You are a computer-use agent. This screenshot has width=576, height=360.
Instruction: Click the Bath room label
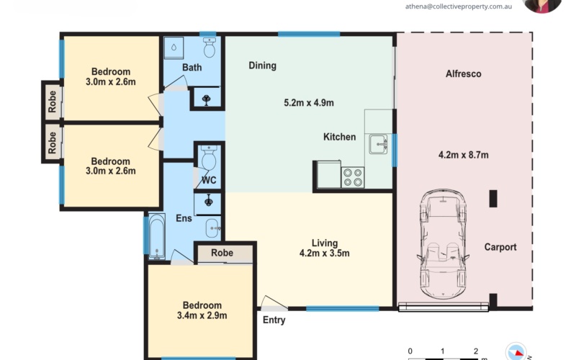click(192, 68)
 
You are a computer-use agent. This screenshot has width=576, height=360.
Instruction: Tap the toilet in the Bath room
click(210, 48)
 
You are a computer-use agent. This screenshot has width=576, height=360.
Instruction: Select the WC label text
click(209, 179)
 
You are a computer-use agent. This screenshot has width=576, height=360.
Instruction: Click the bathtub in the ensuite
click(157, 235)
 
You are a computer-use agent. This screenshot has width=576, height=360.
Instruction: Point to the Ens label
click(184, 218)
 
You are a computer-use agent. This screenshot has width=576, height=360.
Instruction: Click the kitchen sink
click(379, 145)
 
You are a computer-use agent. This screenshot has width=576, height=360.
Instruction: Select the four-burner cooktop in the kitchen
click(352, 176)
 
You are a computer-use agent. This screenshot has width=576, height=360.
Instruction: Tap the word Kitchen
click(339, 137)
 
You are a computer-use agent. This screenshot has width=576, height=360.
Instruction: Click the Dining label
click(262, 66)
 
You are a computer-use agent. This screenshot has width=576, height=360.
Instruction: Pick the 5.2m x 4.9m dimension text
click(309, 103)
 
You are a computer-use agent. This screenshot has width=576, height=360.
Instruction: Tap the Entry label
click(274, 320)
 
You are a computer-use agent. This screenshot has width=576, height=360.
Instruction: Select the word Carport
click(500, 247)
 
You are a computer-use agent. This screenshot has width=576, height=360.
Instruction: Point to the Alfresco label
click(464, 74)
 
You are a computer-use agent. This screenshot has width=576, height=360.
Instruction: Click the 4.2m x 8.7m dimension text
click(463, 155)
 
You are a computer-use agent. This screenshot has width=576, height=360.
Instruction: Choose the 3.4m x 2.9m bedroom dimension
click(202, 315)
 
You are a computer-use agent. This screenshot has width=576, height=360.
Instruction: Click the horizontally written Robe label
click(222, 253)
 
